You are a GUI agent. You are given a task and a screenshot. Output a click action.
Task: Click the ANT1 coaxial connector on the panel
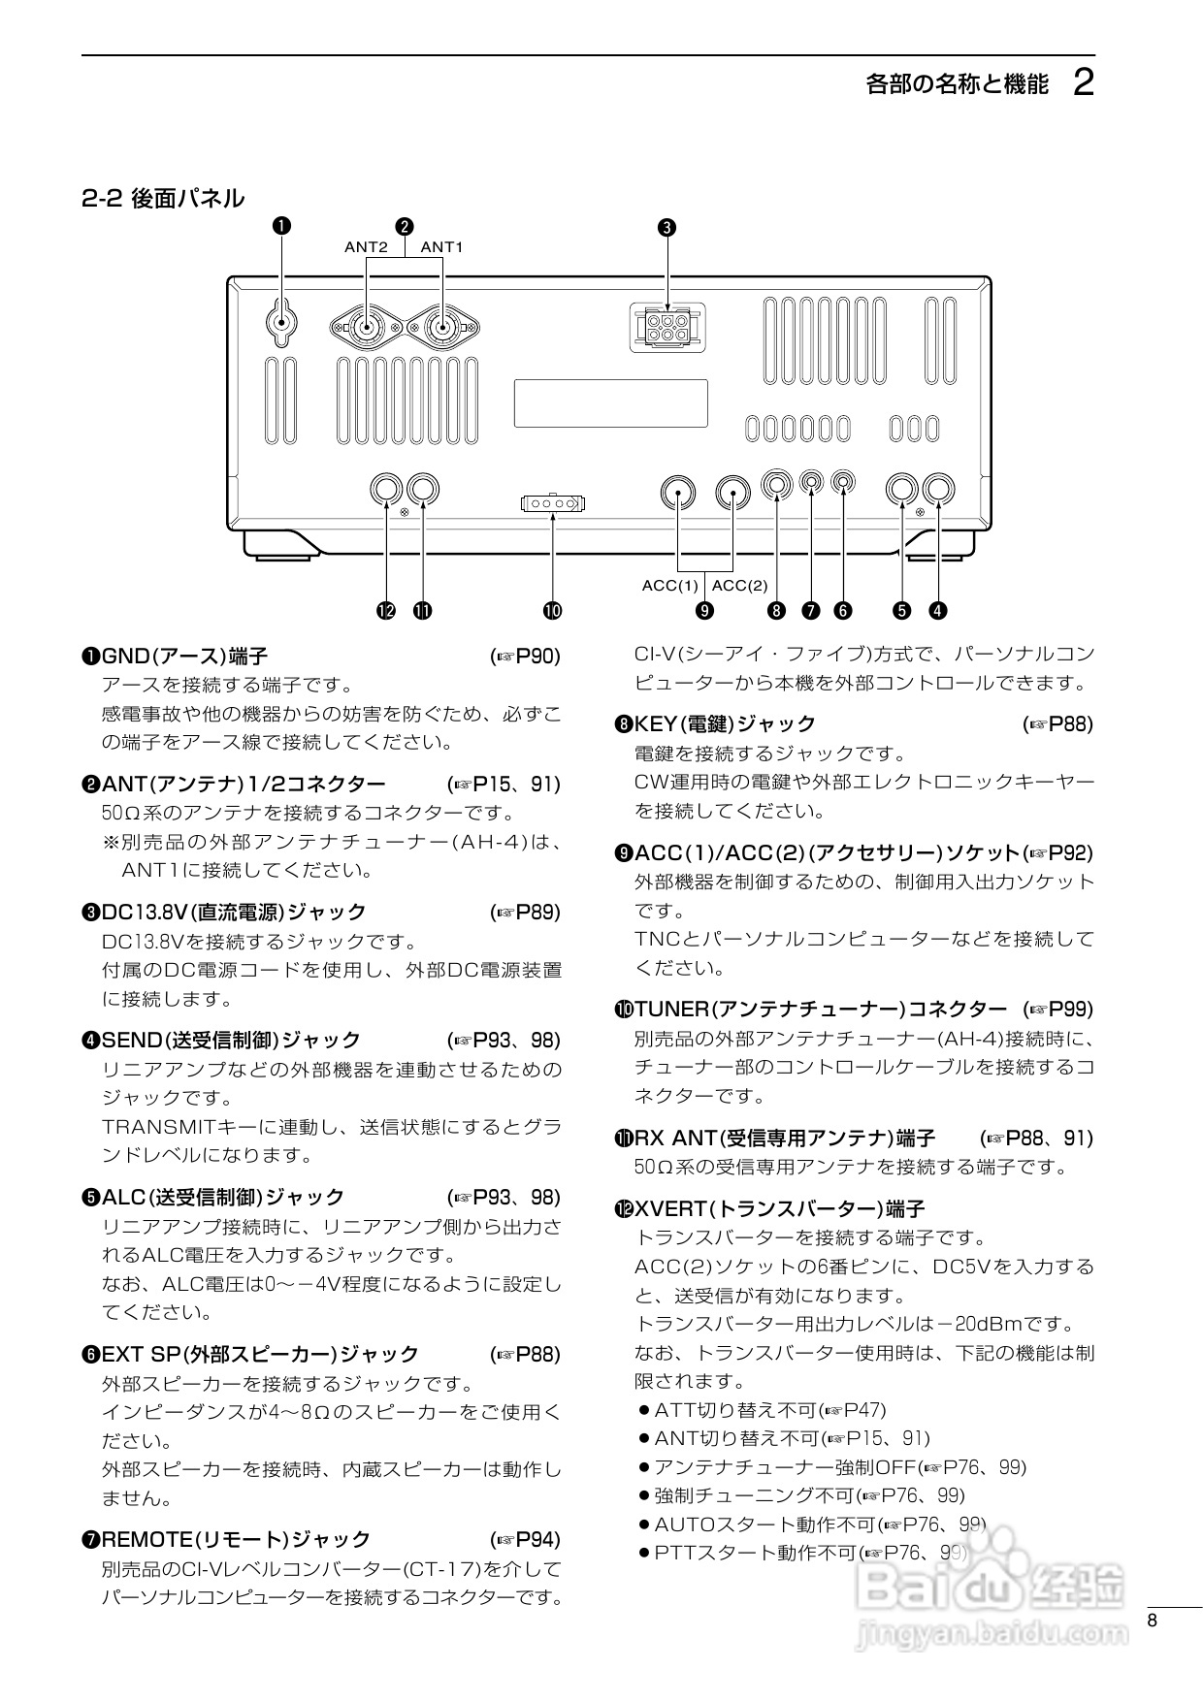pos(442,329)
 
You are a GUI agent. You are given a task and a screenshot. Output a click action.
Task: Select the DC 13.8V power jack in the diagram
pos(667,327)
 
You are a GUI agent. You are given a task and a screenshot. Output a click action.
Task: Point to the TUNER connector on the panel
pos(552,503)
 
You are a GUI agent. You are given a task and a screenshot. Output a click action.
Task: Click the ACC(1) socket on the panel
pos(678,493)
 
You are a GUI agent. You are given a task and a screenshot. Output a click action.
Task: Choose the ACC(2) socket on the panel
pos(732,493)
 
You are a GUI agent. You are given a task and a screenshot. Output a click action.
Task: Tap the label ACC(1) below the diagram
pos(669,585)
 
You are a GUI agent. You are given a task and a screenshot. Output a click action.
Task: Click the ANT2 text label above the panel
pos(366,247)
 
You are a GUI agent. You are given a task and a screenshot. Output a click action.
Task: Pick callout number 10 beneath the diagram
pos(552,610)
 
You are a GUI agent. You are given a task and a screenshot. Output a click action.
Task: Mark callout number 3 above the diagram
pos(667,228)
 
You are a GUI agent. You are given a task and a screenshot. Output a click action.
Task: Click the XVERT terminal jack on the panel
pos(386,489)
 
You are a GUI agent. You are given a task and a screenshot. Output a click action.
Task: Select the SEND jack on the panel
pos(938,489)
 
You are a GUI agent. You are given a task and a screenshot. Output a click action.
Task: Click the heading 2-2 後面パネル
pos(163,199)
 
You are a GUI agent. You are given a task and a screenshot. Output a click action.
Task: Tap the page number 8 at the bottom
pos(1153,1621)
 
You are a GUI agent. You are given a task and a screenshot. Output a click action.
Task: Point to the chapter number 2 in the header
pos(1084,83)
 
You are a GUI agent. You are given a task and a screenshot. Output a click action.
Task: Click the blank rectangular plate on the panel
pos(610,403)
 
